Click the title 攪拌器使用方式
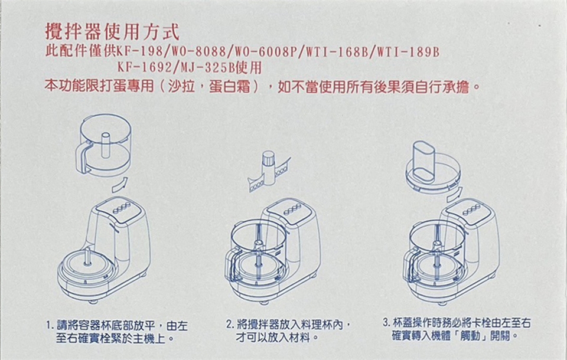coord(112,32)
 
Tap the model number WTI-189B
coord(408,52)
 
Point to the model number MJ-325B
coord(207,68)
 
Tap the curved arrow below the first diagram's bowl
coord(119,185)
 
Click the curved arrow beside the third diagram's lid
coord(455,194)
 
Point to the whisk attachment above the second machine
coord(269,171)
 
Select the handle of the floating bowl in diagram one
coord(83,157)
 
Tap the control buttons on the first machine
coord(122,209)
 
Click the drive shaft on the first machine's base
coord(87,257)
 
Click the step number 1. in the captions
coord(50,326)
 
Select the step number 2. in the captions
coord(230,324)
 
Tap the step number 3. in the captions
coord(387,322)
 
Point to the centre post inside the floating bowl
coord(105,145)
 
